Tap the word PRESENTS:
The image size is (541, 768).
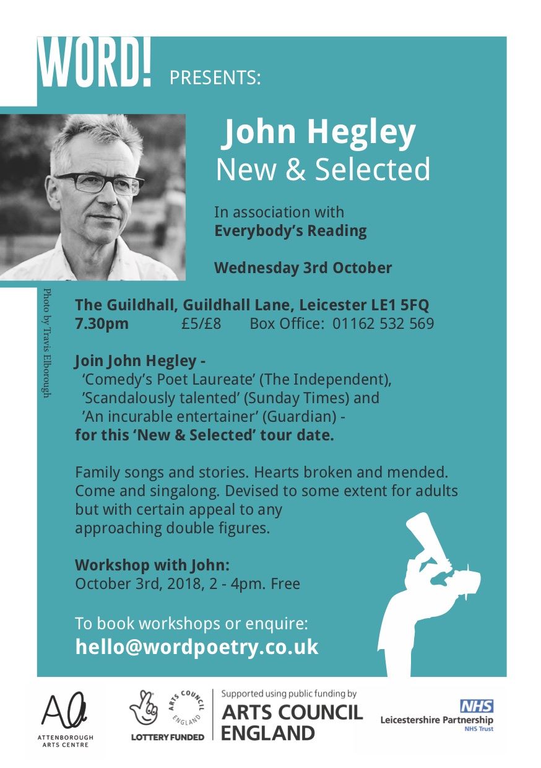point(215,78)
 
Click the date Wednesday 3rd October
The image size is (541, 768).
point(303,268)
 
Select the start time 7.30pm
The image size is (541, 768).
point(102,323)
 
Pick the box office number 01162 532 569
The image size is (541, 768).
point(383,323)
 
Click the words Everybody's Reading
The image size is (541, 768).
point(290,231)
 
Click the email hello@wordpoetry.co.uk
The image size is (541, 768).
point(197,647)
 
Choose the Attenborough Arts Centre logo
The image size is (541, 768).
point(64,718)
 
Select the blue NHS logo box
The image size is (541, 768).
point(476,705)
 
